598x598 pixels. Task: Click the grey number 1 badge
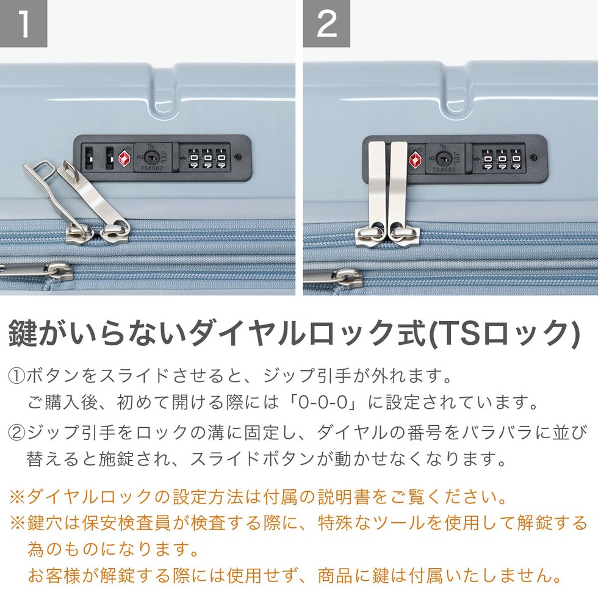23,23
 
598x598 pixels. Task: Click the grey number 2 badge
326,23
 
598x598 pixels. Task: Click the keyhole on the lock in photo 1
149,156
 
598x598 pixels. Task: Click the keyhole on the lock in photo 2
442,157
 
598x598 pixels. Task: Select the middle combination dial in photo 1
207,158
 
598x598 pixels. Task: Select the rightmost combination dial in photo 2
516,159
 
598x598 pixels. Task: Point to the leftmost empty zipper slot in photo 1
89,158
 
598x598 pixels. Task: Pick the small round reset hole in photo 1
239,157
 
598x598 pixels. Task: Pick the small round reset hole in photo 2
534,157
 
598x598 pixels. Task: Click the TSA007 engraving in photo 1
151,168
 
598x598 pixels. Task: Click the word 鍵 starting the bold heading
23,333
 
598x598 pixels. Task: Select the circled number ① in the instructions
17,376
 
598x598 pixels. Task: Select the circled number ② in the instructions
17,432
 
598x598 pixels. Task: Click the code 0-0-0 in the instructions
323,402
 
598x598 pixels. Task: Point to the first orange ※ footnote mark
18,497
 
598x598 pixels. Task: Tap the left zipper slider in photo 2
369,236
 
